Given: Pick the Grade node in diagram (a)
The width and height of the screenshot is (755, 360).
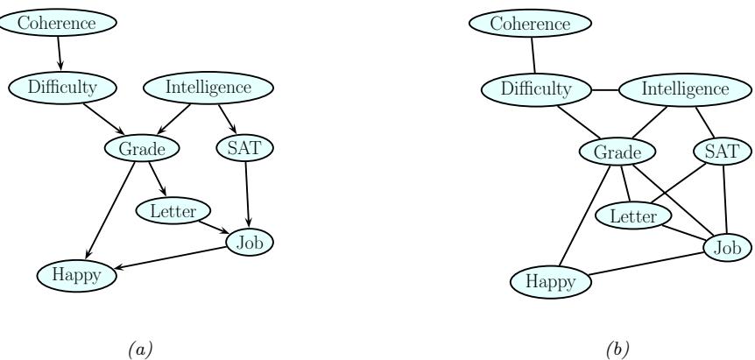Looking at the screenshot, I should coord(142,149).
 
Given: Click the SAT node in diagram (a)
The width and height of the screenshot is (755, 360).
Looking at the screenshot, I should coord(237,149).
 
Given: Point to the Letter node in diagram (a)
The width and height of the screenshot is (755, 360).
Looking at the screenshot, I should coord(173,211).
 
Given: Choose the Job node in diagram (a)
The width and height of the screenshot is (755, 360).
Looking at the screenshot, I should coord(250,242).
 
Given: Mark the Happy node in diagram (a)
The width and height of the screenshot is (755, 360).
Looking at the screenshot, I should coord(76,274).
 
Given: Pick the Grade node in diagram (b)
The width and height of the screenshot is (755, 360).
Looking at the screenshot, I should coord(617,152).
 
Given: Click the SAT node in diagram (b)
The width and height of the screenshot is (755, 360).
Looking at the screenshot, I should coord(722,152).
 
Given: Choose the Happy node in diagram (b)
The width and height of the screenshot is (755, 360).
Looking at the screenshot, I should coord(550,283).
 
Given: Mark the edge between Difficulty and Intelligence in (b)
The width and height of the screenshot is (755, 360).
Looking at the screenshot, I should coord(604,89).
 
